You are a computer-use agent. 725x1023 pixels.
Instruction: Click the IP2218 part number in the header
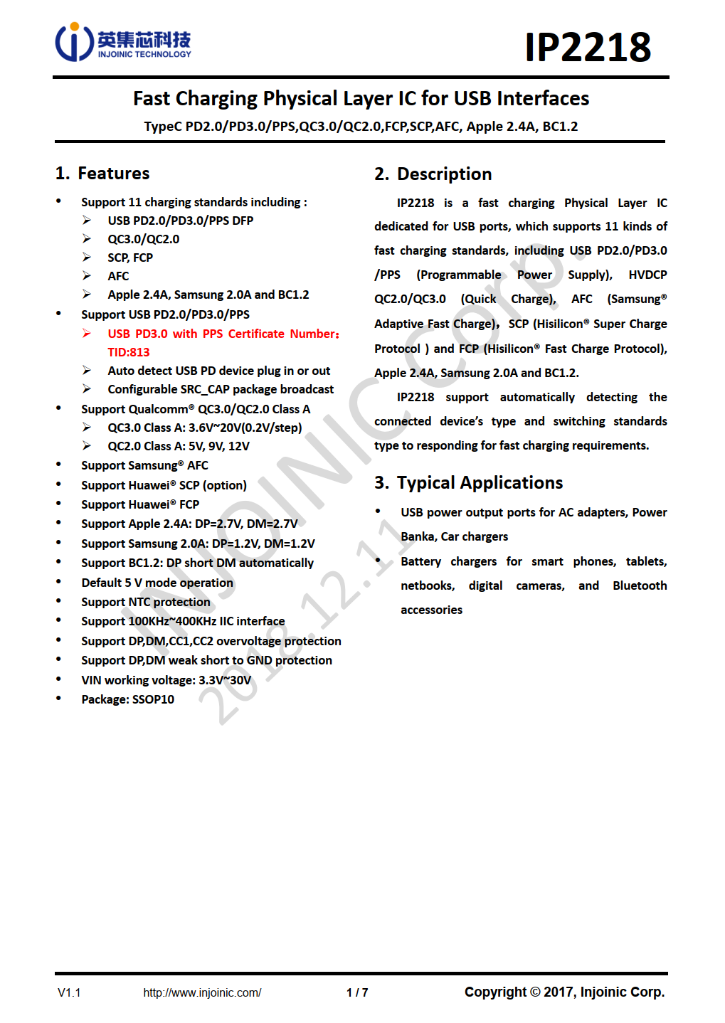587,47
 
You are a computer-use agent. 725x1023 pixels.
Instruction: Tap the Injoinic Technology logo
123,42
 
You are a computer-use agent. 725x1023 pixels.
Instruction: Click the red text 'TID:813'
129,352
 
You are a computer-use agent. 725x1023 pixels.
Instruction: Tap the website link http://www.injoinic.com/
202,992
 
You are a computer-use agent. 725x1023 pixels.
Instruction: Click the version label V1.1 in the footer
69,992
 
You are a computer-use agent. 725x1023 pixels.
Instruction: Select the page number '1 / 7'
357,992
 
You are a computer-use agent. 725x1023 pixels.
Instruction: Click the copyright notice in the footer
564,992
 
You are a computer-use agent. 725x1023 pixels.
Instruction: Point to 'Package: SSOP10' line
128,699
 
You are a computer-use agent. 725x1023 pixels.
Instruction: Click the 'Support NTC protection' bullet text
146,602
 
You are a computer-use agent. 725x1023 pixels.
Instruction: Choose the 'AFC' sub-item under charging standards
119,276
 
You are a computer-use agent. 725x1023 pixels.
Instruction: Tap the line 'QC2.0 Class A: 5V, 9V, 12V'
179,446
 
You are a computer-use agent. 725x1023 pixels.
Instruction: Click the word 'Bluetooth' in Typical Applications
640,585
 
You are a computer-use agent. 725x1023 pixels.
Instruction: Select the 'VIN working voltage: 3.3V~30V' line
166,680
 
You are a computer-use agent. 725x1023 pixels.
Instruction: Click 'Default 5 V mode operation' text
157,583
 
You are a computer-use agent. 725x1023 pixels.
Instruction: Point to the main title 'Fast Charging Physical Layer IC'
361,98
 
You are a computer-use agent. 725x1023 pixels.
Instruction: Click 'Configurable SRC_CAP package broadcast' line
221,389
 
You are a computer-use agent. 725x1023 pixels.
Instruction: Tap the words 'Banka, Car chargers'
455,536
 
